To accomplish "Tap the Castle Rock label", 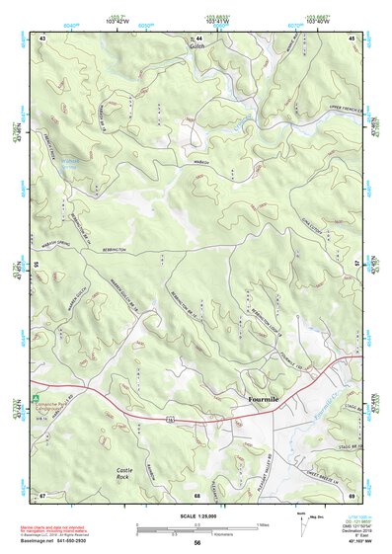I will pyautogui.click(x=124, y=473).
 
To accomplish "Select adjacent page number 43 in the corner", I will pyautogui.click(x=43, y=37).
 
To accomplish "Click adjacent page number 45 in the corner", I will pyautogui.click(x=353, y=37).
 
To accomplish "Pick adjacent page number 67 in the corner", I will pyautogui.click(x=43, y=494).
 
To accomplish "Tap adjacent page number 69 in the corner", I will pyautogui.click(x=353, y=494).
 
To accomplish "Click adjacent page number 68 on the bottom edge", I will pyautogui.click(x=197, y=494).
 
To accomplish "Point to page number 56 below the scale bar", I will pyautogui.click(x=197, y=542).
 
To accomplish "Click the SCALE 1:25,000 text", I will pyautogui.click(x=197, y=515).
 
